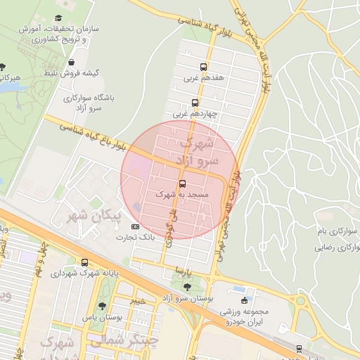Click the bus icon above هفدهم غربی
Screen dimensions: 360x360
pos(204,67)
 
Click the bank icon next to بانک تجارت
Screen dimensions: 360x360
pos(136,226)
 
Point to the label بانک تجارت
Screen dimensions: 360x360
pos(137,238)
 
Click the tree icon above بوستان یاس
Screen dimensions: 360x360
pos(103,307)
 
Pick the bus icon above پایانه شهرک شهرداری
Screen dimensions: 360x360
pos(85,262)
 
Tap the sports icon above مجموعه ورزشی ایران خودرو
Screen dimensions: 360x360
pos(243,300)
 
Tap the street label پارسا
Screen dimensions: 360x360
pos(183,270)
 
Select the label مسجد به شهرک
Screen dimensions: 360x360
pos(182,194)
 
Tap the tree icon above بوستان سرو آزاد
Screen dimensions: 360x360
pos(187,287)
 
